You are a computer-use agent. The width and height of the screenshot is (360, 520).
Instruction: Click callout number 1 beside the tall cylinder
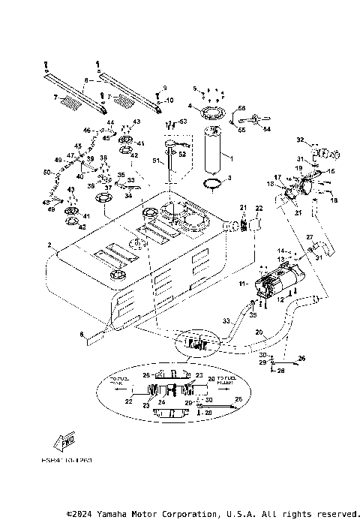tap(230, 158)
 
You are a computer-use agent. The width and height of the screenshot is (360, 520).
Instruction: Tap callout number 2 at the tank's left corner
tap(49, 245)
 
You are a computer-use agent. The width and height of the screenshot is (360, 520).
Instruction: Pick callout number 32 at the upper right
tap(299, 140)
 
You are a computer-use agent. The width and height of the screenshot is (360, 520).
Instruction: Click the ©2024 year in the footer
tap(79, 514)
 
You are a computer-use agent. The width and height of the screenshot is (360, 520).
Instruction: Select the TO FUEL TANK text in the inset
tap(119, 380)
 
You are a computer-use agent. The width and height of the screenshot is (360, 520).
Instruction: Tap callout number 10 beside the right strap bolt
tap(169, 100)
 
